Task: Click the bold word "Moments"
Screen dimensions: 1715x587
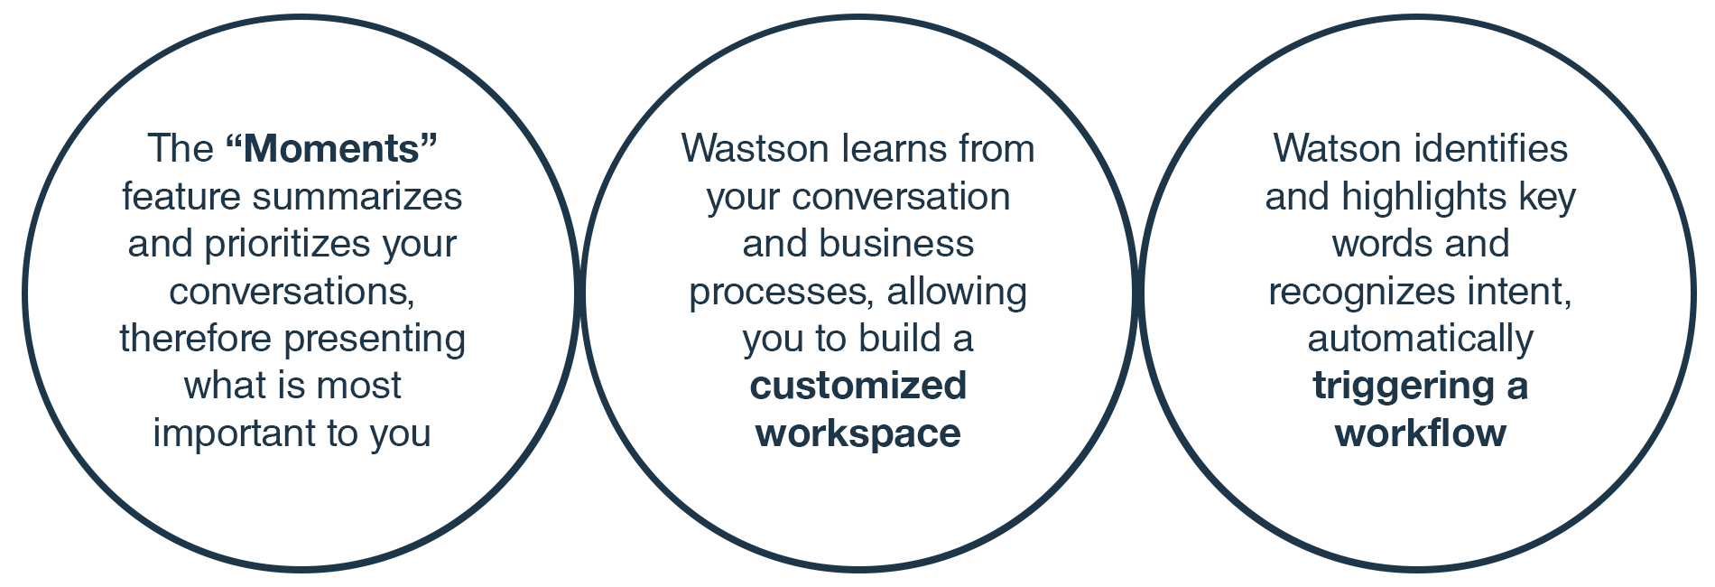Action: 331,149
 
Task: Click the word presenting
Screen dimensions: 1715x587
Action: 375,339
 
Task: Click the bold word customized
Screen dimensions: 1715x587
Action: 857,386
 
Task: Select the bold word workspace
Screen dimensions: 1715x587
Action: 857,433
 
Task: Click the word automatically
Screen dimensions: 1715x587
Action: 1420,339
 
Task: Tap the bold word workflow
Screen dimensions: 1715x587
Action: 1420,433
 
